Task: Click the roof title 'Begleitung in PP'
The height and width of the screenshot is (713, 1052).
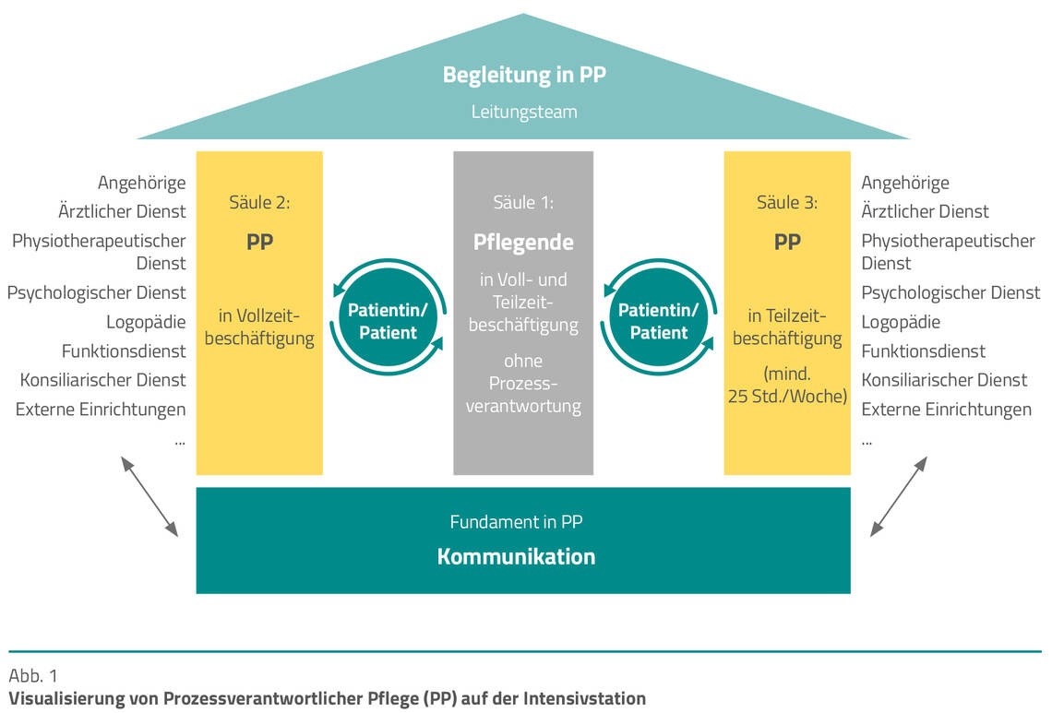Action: point(523,75)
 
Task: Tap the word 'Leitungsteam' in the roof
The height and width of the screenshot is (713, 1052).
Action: point(523,112)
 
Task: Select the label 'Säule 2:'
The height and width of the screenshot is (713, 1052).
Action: point(259,202)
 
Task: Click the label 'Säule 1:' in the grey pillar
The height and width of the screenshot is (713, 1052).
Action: point(523,202)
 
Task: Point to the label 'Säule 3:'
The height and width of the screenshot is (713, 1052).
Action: point(787,202)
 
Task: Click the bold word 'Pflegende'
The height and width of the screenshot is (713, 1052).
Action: point(523,243)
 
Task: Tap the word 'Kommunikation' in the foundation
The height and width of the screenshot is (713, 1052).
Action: point(516,556)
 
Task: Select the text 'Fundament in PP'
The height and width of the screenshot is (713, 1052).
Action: point(516,521)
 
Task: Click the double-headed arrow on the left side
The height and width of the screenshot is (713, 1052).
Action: point(149,496)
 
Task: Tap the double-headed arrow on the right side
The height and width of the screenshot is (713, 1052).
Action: point(898,496)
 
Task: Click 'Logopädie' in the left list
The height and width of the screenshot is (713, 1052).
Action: point(146,321)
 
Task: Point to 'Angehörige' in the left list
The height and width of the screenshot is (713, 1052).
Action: point(141,183)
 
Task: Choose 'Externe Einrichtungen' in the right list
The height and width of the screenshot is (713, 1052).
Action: point(946,409)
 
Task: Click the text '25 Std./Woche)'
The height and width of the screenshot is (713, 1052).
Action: point(787,397)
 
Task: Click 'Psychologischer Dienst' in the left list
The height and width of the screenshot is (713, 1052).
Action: point(97,292)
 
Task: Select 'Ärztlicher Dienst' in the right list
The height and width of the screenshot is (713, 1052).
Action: point(925,211)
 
